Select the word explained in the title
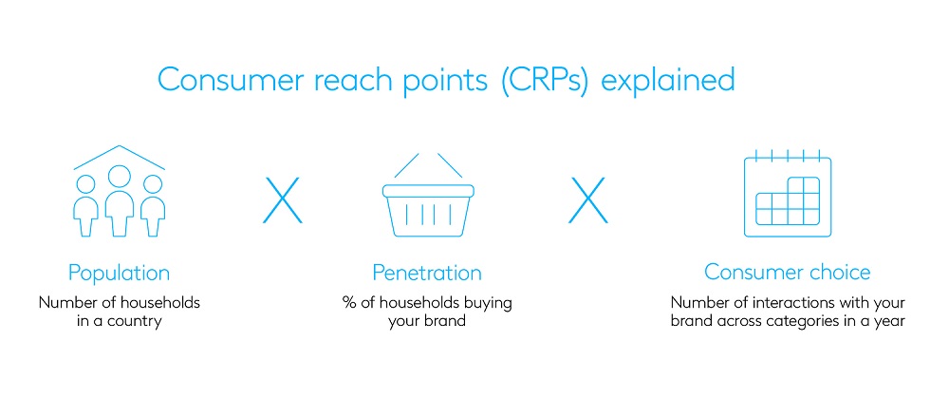click(669, 80)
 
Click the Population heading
click(119, 274)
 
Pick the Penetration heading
click(426, 274)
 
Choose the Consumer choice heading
click(787, 273)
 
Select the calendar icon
click(787, 194)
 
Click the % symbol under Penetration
click(348, 303)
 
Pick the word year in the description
click(890, 321)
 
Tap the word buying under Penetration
click(484, 303)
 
